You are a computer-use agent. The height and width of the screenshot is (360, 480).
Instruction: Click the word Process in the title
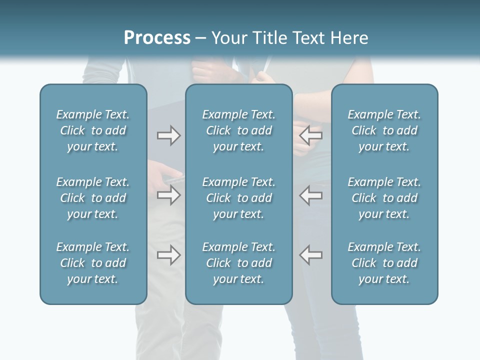pyautogui.click(x=157, y=38)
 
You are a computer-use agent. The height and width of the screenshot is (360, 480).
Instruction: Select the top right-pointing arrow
pyautogui.click(x=168, y=135)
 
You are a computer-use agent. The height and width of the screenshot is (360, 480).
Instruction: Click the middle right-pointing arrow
pyautogui.click(x=168, y=195)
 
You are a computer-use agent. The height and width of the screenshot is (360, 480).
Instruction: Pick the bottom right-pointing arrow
pyautogui.click(x=168, y=255)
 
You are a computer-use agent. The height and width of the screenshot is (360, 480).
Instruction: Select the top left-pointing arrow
pyautogui.click(x=311, y=135)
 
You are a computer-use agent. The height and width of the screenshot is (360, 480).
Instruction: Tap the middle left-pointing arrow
pyautogui.click(x=311, y=195)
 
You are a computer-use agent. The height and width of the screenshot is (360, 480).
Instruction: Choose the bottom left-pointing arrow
pyautogui.click(x=311, y=255)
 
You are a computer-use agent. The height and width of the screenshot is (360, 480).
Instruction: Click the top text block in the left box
pyautogui.click(x=93, y=130)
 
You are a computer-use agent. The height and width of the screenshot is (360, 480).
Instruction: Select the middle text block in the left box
pyautogui.click(x=93, y=198)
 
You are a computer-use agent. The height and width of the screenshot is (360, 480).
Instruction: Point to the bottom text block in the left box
pyautogui.click(x=93, y=263)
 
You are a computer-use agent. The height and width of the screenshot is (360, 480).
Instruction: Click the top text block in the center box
pyautogui.click(x=238, y=130)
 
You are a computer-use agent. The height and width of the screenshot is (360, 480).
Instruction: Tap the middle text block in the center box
pyautogui.click(x=238, y=198)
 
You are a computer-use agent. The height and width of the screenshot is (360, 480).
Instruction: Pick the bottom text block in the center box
pyautogui.click(x=238, y=263)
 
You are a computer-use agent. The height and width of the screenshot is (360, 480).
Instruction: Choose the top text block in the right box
pyautogui.click(x=384, y=130)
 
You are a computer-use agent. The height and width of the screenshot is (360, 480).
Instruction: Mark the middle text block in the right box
pyautogui.click(x=384, y=198)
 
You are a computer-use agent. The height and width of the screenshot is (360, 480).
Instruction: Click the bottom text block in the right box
pyautogui.click(x=384, y=263)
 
